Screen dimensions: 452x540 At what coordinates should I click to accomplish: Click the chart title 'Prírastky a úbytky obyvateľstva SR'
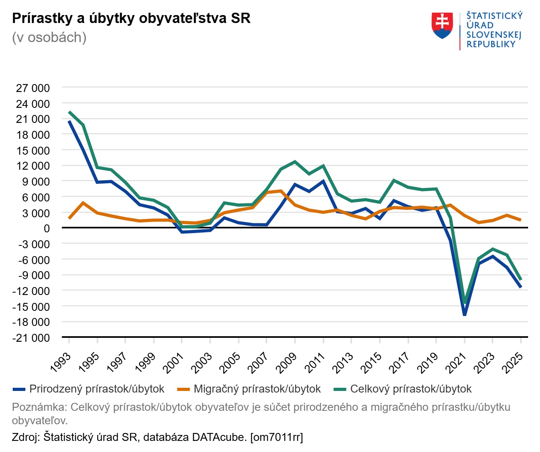(131, 18)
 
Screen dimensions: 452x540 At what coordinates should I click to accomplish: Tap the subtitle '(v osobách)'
(49, 37)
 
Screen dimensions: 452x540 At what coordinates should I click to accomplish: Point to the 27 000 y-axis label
(33, 88)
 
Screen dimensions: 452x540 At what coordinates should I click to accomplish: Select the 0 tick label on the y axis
(47, 228)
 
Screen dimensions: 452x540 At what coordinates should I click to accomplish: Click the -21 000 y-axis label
(31, 338)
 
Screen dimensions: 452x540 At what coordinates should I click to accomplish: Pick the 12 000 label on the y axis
(33, 166)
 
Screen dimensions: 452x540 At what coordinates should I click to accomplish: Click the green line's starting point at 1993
(69, 112)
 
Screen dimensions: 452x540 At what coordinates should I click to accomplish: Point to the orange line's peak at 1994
(83, 203)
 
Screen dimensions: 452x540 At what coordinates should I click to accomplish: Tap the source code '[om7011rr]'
(276, 437)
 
